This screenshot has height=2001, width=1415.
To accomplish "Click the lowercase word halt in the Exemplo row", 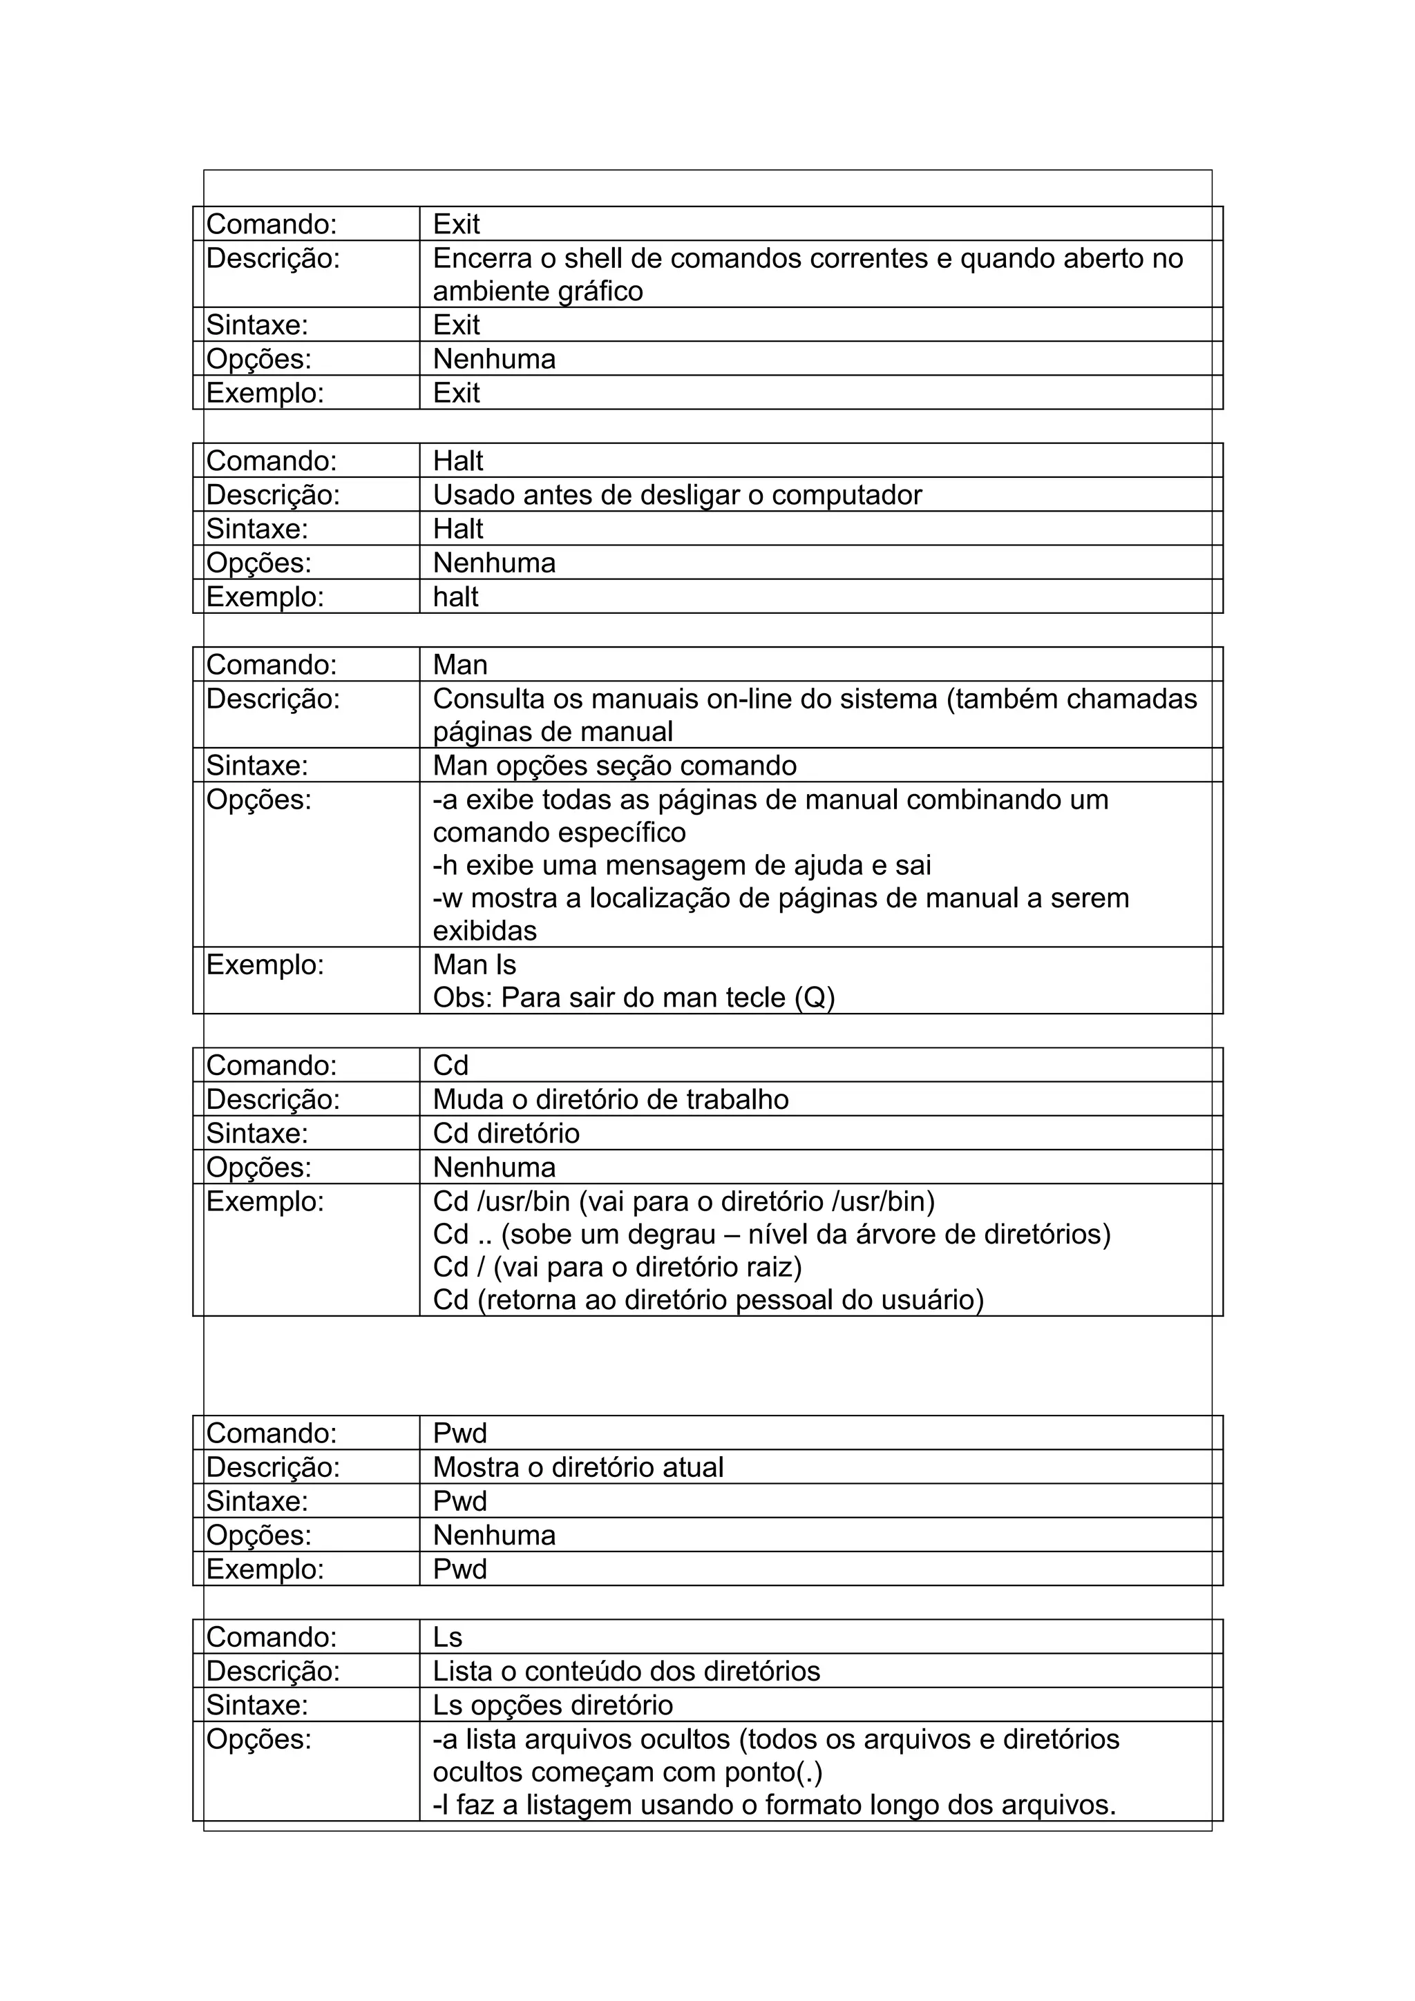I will (455, 597).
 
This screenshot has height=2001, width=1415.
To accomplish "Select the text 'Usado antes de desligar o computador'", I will (676, 495).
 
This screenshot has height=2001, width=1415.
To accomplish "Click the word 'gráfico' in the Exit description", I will (600, 291).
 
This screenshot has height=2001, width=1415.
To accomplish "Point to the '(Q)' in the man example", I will (815, 997).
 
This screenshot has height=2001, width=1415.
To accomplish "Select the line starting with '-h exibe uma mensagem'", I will (682, 865).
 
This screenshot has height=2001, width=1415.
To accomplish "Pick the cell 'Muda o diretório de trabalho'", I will (610, 1100).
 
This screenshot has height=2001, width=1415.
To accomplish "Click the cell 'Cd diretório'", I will (506, 1134).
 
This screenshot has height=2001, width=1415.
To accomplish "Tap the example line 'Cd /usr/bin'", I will (683, 1202).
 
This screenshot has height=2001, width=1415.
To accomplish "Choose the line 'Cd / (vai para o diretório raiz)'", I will (617, 1266).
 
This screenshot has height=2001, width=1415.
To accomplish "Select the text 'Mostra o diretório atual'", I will (578, 1468).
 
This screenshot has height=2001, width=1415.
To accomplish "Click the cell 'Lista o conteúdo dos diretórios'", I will (626, 1672).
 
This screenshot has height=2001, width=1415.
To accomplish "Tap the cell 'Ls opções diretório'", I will (553, 1705).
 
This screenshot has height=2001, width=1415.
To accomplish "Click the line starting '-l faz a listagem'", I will (775, 1805).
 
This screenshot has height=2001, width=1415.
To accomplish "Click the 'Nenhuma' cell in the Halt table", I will (493, 563).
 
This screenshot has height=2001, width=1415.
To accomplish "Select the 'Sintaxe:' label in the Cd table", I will (256, 1134).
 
